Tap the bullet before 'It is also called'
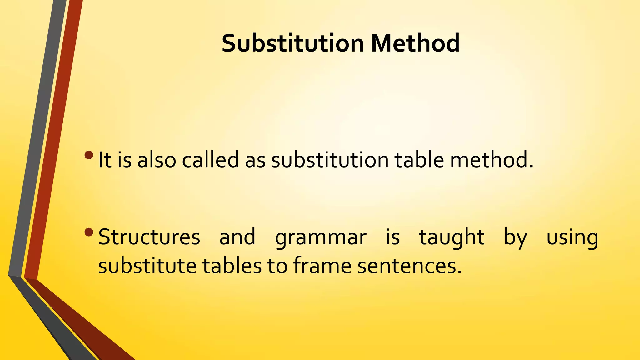pyautogui.click(x=89, y=155)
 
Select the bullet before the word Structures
pyautogui.click(x=89, y=232)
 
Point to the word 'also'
pyautogui.click(x=157, y=160)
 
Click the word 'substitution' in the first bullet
pyautogui.click(x=330, y=160)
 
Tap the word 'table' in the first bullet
pyautogui.click(x=419, y=160)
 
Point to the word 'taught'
pyautogui.click(x=452, y=237)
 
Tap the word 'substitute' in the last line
pyautogui.click(x=147, y=266)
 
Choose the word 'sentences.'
pyautogui.click(x=409, y=267)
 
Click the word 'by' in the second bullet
pyautogui.click(x=515, y=237)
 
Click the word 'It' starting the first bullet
pyautogui.click(x=105, y=160)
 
